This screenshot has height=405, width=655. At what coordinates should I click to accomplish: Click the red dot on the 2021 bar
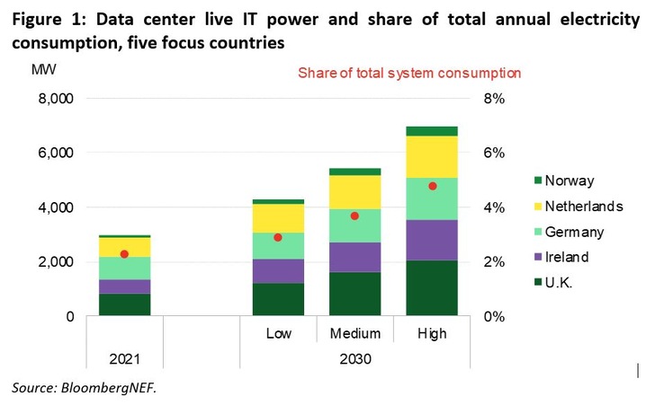124,254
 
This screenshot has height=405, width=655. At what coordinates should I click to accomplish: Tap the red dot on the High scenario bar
433,186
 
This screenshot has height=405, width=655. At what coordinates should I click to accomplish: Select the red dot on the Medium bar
355,216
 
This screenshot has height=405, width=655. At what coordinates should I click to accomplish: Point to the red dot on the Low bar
278,238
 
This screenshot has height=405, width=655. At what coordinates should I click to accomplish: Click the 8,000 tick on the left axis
54,98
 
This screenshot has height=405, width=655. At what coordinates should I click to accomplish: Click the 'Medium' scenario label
355,333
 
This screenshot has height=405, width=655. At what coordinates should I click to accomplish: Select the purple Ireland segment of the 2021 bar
124,286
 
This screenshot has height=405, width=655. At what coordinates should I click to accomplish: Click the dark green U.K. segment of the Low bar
278,299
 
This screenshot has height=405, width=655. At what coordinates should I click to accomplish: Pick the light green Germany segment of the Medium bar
355,225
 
